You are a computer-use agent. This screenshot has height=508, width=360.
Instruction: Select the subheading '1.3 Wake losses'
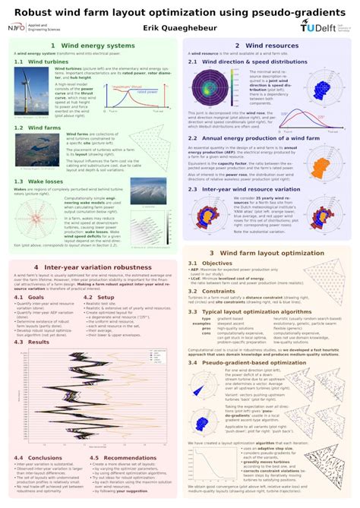coord(39,181)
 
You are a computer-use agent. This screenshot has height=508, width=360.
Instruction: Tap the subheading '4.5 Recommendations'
coord(122,458)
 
